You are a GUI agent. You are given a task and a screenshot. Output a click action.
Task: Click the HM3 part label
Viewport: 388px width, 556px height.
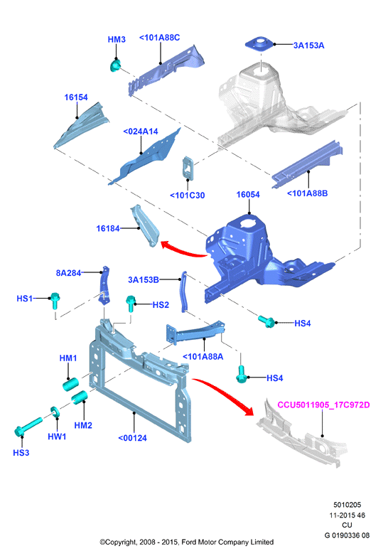[x=117, y=39]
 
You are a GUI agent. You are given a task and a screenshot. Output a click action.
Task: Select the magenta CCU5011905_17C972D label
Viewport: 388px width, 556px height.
[x=323, y=405]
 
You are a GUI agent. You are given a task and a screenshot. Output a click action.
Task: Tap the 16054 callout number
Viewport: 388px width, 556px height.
[x=248, y=194]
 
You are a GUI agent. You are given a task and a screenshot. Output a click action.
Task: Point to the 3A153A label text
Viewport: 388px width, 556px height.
[x=308, y=46]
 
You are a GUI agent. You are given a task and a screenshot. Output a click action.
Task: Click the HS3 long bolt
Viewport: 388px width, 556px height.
[x=28, y=426]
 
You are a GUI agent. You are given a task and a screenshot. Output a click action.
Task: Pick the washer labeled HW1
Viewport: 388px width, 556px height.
[x=55, y=412]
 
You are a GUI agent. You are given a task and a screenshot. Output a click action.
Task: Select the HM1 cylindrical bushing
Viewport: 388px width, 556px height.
[x=70, y=385]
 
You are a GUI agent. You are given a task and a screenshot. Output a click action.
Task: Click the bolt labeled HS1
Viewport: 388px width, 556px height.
[x=55, y=301]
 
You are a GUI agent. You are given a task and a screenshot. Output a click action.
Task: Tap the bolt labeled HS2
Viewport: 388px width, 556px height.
[x=131, y=304]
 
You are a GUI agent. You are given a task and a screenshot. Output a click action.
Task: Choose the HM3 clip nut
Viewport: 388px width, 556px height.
[x=115, y=65]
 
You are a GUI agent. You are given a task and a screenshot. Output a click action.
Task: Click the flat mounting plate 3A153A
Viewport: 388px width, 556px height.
[x=260, y=44]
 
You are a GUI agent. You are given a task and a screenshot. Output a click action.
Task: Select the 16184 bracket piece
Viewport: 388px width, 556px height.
[x=145, y=225]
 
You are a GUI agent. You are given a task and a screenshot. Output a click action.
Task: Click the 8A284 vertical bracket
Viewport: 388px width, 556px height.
[x=104, y=285]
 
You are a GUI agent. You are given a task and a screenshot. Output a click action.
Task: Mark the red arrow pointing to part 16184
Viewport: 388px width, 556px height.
[x=183, y=248]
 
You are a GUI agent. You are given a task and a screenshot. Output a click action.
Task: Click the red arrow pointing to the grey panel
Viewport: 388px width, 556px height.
[x=224, y=395]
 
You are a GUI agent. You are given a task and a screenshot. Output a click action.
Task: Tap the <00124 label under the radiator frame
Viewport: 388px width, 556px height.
[x=132, y=438]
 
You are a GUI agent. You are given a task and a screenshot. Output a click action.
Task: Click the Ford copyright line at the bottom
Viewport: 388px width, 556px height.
[x=187, y=542]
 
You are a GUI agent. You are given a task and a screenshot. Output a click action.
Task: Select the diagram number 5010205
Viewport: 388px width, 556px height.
[x=347, y=505]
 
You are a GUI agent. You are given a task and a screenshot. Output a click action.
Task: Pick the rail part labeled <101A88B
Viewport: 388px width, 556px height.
[x=307, y=164]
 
